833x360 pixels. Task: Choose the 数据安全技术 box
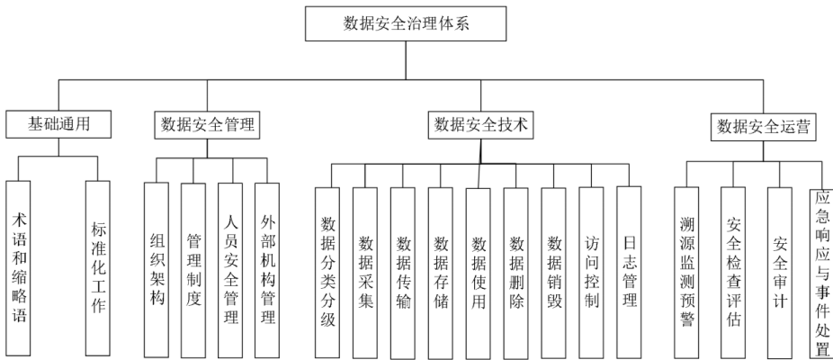[x=479, y=124]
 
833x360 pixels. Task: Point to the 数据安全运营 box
[x=765, y=127]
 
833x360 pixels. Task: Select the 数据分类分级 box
[x=327, y=270]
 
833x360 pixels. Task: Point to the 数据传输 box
[x=403, y=270]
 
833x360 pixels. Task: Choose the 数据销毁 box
[x=553, y=270]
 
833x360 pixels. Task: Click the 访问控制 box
[x=591, y=270]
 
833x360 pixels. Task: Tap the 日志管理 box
[x=629, y=270]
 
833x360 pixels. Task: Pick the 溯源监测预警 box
[x=687, y=270]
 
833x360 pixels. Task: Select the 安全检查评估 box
[x=733, y=270]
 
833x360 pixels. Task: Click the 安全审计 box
[x=779, y=270]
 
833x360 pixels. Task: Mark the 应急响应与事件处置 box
[x=820, y=270]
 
